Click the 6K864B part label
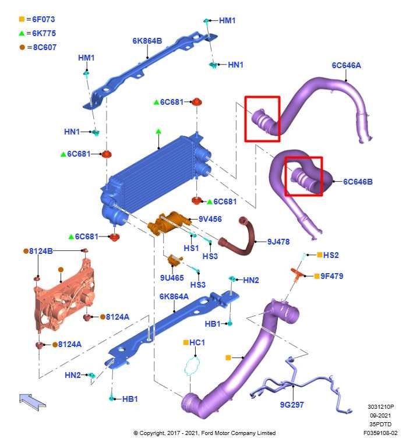click(x=147, y=41)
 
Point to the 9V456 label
click(x=210, y=219)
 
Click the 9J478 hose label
click(x=278, y=241)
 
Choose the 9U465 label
click(x=172, y=278)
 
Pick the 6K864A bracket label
click(x=174, y=296)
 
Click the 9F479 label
click(x=332, y=276)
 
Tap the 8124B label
click(x=41, y=251)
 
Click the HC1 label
click(x=197, y=342)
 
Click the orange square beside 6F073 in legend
click(x=22, y=19)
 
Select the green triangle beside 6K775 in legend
click(x=22, y=33)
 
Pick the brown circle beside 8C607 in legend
click(x=22, y=47)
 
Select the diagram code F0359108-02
click(x=380, y=433)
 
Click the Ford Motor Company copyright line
click(x=204, y=433)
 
